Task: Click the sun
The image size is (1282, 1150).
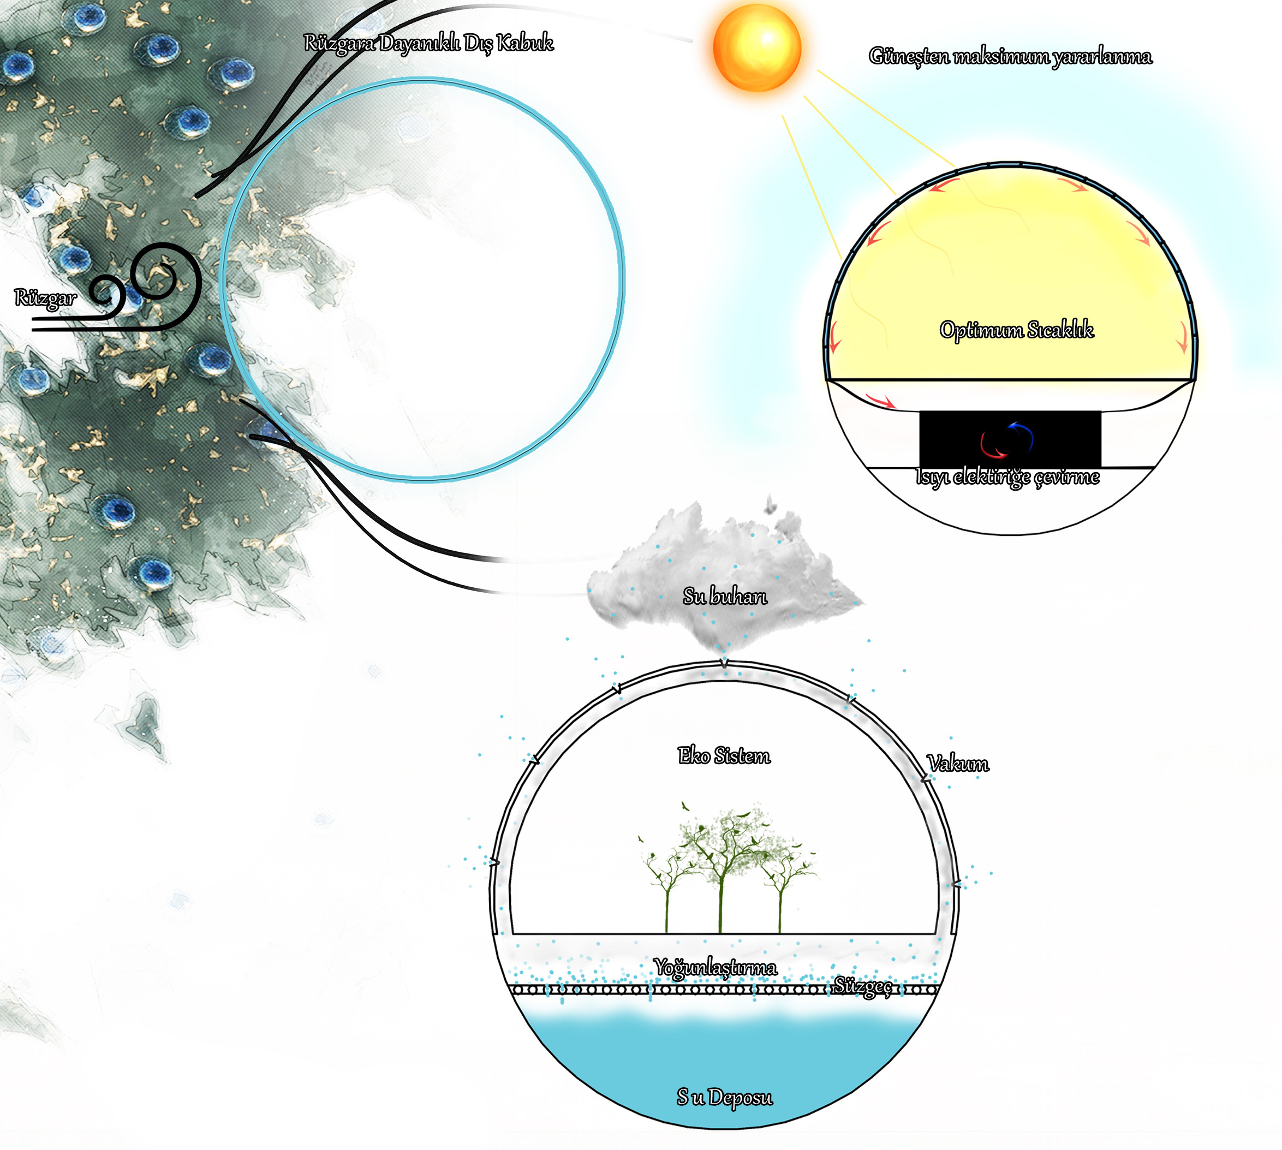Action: pyautogui.click(x=756, y=48)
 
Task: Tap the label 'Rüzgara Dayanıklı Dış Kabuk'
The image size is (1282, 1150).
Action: pyautogui.click(x=428, y=43)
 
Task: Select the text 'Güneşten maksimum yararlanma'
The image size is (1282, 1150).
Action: pyautogui.click(x=1010, y=57)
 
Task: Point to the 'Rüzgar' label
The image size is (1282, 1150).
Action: pyautogui.click(x=45, y=298)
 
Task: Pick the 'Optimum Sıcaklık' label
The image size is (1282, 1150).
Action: pyautogui.click(x=1016, y=330)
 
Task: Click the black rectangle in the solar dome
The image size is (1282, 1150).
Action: pyautogui.click(x=1010, y=438)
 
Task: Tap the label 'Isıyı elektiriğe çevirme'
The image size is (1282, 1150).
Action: pyautogui.click(x=1008, y=477)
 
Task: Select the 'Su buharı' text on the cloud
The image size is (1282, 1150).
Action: pyautogui.click(x=725, y=596)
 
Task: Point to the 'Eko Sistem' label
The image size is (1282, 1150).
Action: pyautogui.click(x=724, y=756)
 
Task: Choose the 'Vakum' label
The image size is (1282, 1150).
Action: pyautogui.click(x=958, y=764)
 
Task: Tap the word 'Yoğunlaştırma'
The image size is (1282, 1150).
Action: pyautogui.click(x=715, y=967)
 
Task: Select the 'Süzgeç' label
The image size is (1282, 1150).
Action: pyautogui.click(x=863, y=986)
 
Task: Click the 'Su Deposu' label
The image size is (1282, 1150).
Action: pyautogui.click(x=724, y=1098)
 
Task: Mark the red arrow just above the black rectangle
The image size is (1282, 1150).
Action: pyautogui.click(x=880, y=400)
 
